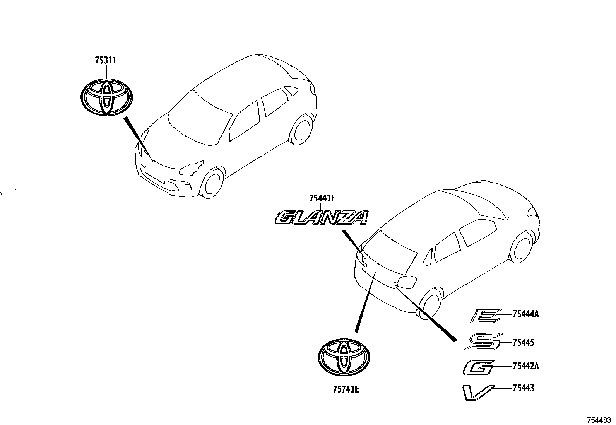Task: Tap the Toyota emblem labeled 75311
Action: point(106,97)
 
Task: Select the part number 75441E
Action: point(322,199)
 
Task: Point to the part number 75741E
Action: point(346,389)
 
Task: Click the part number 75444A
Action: point(525,314)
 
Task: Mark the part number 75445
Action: point(523,342)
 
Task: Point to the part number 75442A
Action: point(525,366)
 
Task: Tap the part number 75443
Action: point(523,388)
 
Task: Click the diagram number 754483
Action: point(599,420)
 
